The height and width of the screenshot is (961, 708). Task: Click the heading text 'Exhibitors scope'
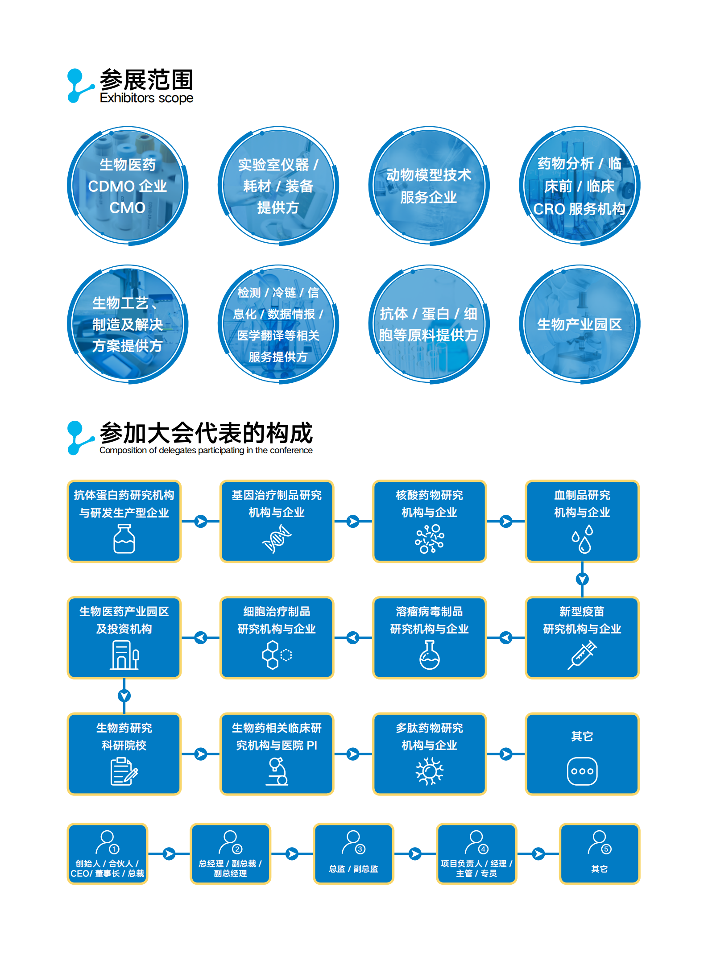pyautogui.click(x=146, y=98)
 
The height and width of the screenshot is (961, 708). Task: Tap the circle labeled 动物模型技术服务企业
pyautogui.click(x=429, y=186)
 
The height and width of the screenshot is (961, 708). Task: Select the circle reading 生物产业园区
pyautogui.click(x=580, y=324)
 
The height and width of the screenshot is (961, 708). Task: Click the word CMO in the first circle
pyautogui.click(x=128, y=207)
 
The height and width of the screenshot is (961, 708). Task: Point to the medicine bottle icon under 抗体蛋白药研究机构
pyautogui.click(x=124, y=538)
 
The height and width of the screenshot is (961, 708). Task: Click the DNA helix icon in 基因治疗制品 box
pyautogui.click(x=277, y=539)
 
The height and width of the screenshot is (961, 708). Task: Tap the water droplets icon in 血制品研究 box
pyautogui.click(x=582, y=539)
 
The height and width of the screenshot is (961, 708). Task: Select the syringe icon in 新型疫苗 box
pyautogui.click(x=582, y=655)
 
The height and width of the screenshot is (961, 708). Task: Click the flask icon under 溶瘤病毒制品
pyautogui.click(x=429, y=655)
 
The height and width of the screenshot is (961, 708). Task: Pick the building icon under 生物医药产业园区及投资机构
pyautogui.click(x=124, y=655)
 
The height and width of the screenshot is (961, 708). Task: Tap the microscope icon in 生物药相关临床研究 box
pyautogui.click(x=277, y=771)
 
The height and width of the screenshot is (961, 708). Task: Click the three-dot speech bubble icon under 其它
pyautogui.click(x=582, y=771)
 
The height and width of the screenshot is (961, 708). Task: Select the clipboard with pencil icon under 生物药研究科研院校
pyautogui.click(x=124, y=771)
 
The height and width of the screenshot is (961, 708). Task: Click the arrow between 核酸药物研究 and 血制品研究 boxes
pyautogui.click(x=506, y=521)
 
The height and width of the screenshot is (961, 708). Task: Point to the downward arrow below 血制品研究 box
pyautogui.click(x=582, y=579)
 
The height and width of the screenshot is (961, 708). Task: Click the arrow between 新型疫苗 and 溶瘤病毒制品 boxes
pyautogui.click(x=506, y=638)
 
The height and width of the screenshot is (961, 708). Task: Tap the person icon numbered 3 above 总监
pyautogui.click(x=353, y=842)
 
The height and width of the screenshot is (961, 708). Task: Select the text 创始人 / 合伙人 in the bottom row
pyautogui.click(x=107, y=864)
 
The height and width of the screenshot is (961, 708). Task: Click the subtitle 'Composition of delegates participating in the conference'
pyautogui.click(x=206, y=451)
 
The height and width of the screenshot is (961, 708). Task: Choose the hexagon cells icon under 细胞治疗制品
pyautogui.click(x=277, y=655)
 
